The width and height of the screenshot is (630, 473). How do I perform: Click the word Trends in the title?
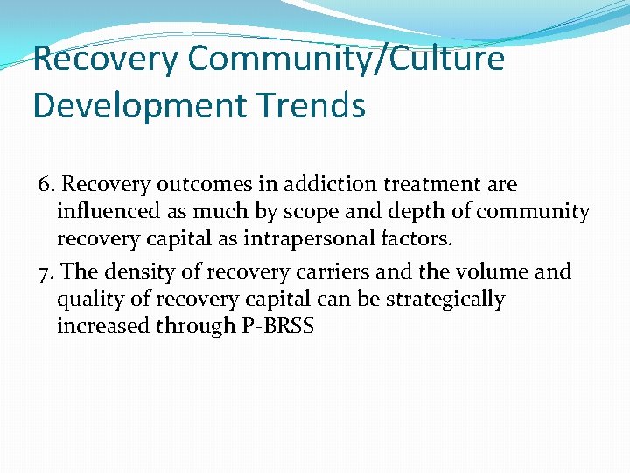click(311, 105)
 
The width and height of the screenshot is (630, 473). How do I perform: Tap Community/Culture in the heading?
click(346, 59)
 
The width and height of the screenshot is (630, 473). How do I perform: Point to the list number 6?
click(47, 185)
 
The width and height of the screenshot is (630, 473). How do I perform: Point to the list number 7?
click(47, 272)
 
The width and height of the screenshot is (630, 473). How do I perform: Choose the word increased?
click(102, 327)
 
